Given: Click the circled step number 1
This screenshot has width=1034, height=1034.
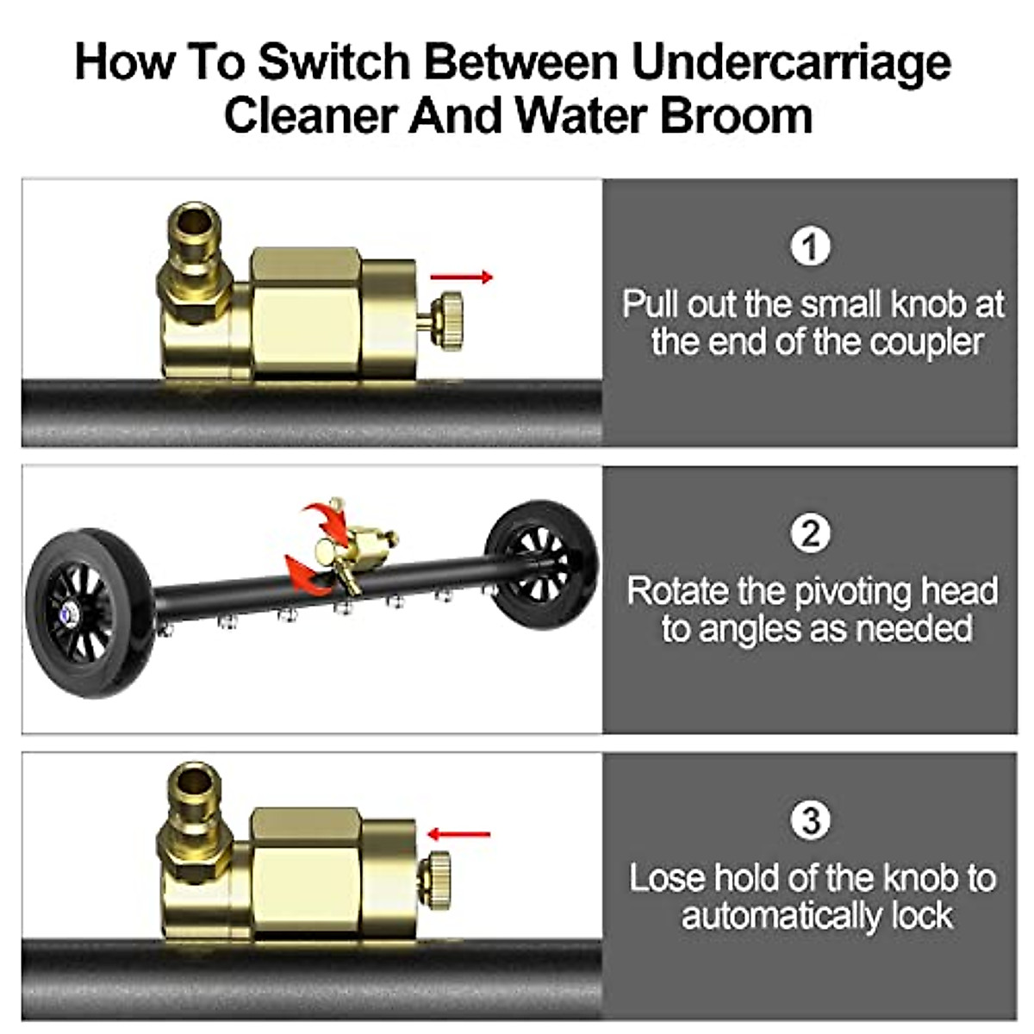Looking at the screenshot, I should [x=810, y=247].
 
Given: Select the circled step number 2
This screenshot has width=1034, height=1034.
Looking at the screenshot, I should [x=810, y=533].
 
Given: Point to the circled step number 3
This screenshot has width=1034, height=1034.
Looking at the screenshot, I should [x=810, y=820].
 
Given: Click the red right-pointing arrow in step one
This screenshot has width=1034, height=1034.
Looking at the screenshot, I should [x=462, y=277].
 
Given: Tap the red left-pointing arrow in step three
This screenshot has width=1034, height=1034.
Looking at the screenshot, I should [x=458, y=834].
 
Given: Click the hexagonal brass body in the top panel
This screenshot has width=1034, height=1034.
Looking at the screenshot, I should [x=305, y=315].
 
